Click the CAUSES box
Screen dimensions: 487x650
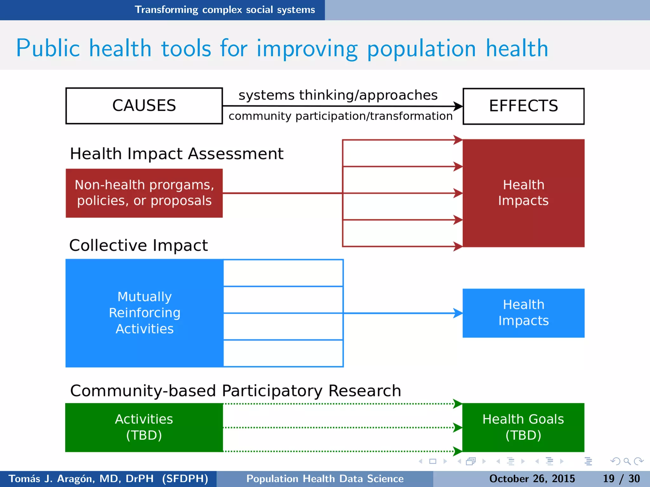144,106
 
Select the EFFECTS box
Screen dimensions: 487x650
523,106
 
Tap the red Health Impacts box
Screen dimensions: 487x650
523,193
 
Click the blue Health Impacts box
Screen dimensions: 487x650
523,313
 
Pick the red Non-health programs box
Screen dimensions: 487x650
144,193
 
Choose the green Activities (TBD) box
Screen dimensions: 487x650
144,427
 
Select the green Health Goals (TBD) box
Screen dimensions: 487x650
523,427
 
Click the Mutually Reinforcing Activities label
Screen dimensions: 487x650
145,313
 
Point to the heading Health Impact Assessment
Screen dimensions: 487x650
176,154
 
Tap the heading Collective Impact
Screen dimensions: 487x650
138,245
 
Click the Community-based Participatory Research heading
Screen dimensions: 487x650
235,391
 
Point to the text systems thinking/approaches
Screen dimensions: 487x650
338,95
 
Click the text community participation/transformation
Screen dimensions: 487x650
341,116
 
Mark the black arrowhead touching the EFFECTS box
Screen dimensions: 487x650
458,106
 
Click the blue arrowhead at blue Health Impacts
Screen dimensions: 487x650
458,313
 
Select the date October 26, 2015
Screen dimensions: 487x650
532,478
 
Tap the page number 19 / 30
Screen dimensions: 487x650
621,478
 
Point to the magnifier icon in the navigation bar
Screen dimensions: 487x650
627,461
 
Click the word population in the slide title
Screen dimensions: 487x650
421,49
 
